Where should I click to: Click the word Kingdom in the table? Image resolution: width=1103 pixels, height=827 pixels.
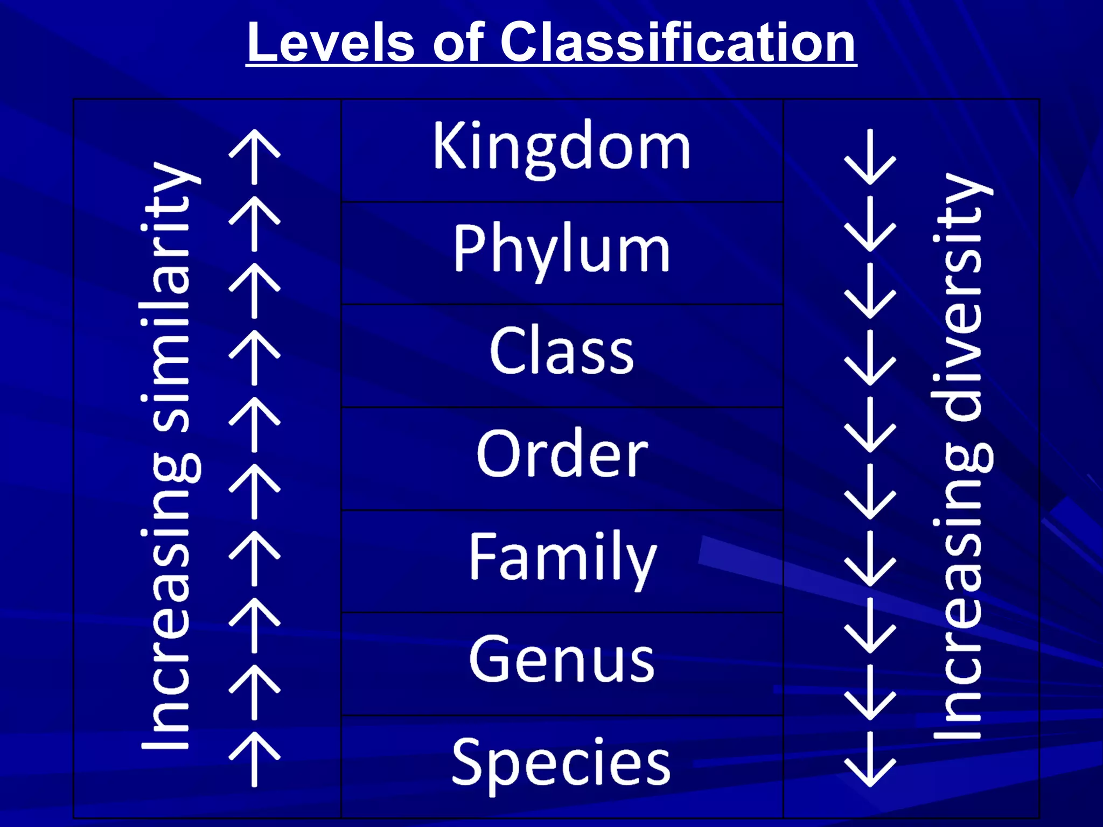click(562, 146)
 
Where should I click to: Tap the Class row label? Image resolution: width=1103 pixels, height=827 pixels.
click(562, 351)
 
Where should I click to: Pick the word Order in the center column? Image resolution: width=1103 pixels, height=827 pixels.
click(562, 454)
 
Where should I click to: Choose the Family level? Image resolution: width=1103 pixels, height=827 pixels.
click(562, 558)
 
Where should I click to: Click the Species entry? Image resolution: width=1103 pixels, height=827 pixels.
click(562, 762)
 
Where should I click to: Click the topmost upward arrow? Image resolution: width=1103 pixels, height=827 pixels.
click(254, 156)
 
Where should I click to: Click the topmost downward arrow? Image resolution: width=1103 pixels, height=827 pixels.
click(870, 156)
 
